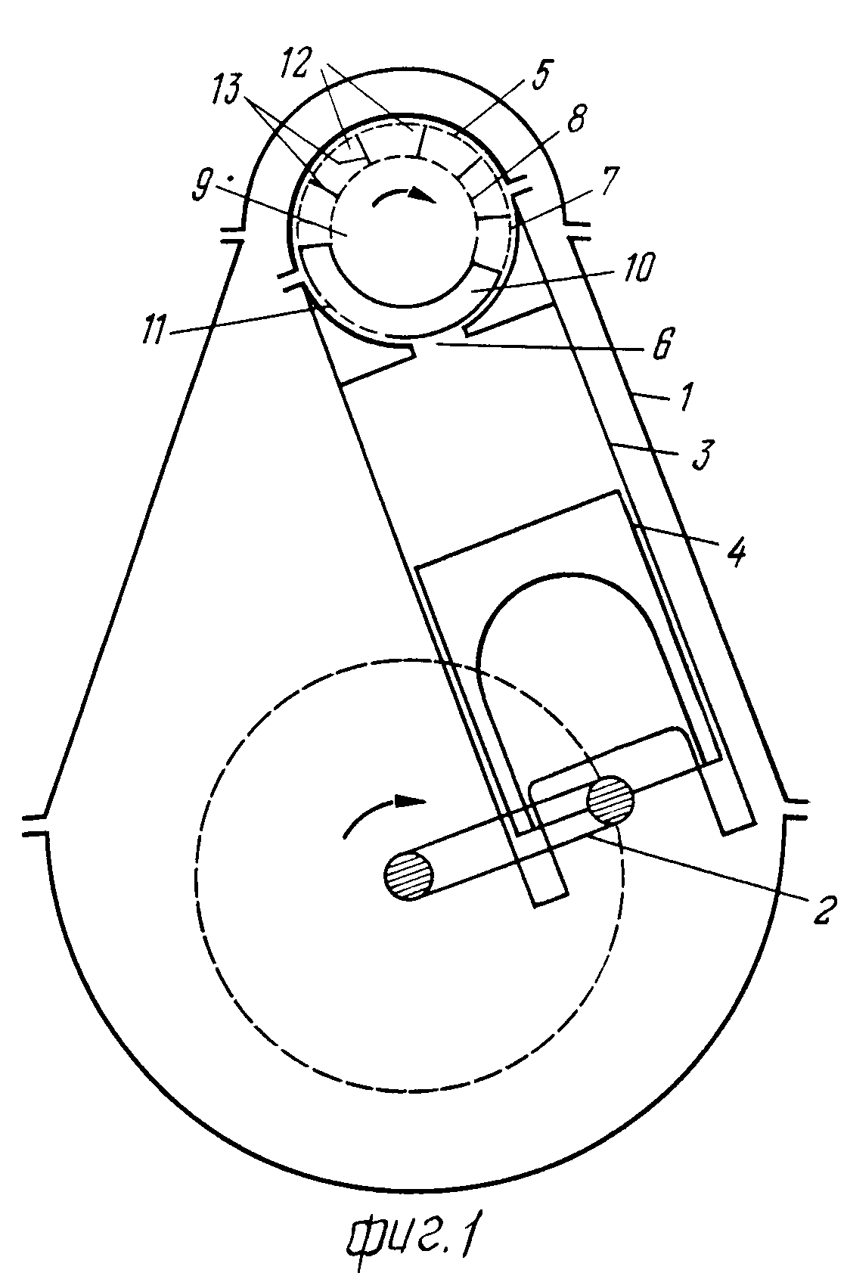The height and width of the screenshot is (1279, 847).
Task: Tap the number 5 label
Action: pos(539,74)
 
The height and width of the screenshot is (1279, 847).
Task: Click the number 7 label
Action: pos(609,182)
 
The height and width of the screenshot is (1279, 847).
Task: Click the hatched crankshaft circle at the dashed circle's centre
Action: pos(408,877)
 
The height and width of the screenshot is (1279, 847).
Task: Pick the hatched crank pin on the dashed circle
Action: pos(611,800)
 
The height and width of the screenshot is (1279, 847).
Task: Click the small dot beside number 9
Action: pos(230,179)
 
